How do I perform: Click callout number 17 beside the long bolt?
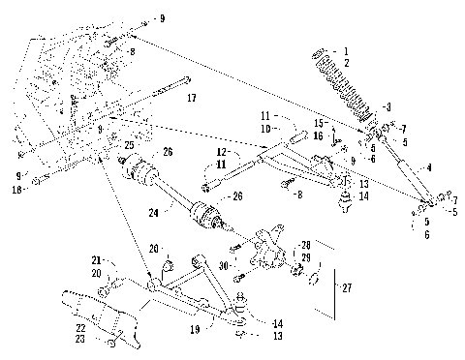[x=191, y=98]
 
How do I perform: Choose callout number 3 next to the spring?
[x=388, y=106]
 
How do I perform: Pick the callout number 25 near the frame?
[x=127, y=144]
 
